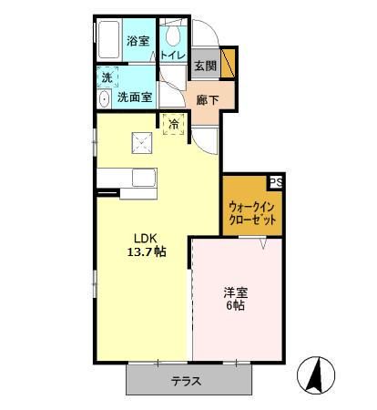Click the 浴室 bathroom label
click(138, 40)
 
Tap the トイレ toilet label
click(173, 56)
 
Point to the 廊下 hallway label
click(207, 98)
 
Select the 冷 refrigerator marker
click(173, 122)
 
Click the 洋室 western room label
click(237, 293)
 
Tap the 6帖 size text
click(237, 308)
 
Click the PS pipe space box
click(275, 181)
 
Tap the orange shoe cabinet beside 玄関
click(229, 65)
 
